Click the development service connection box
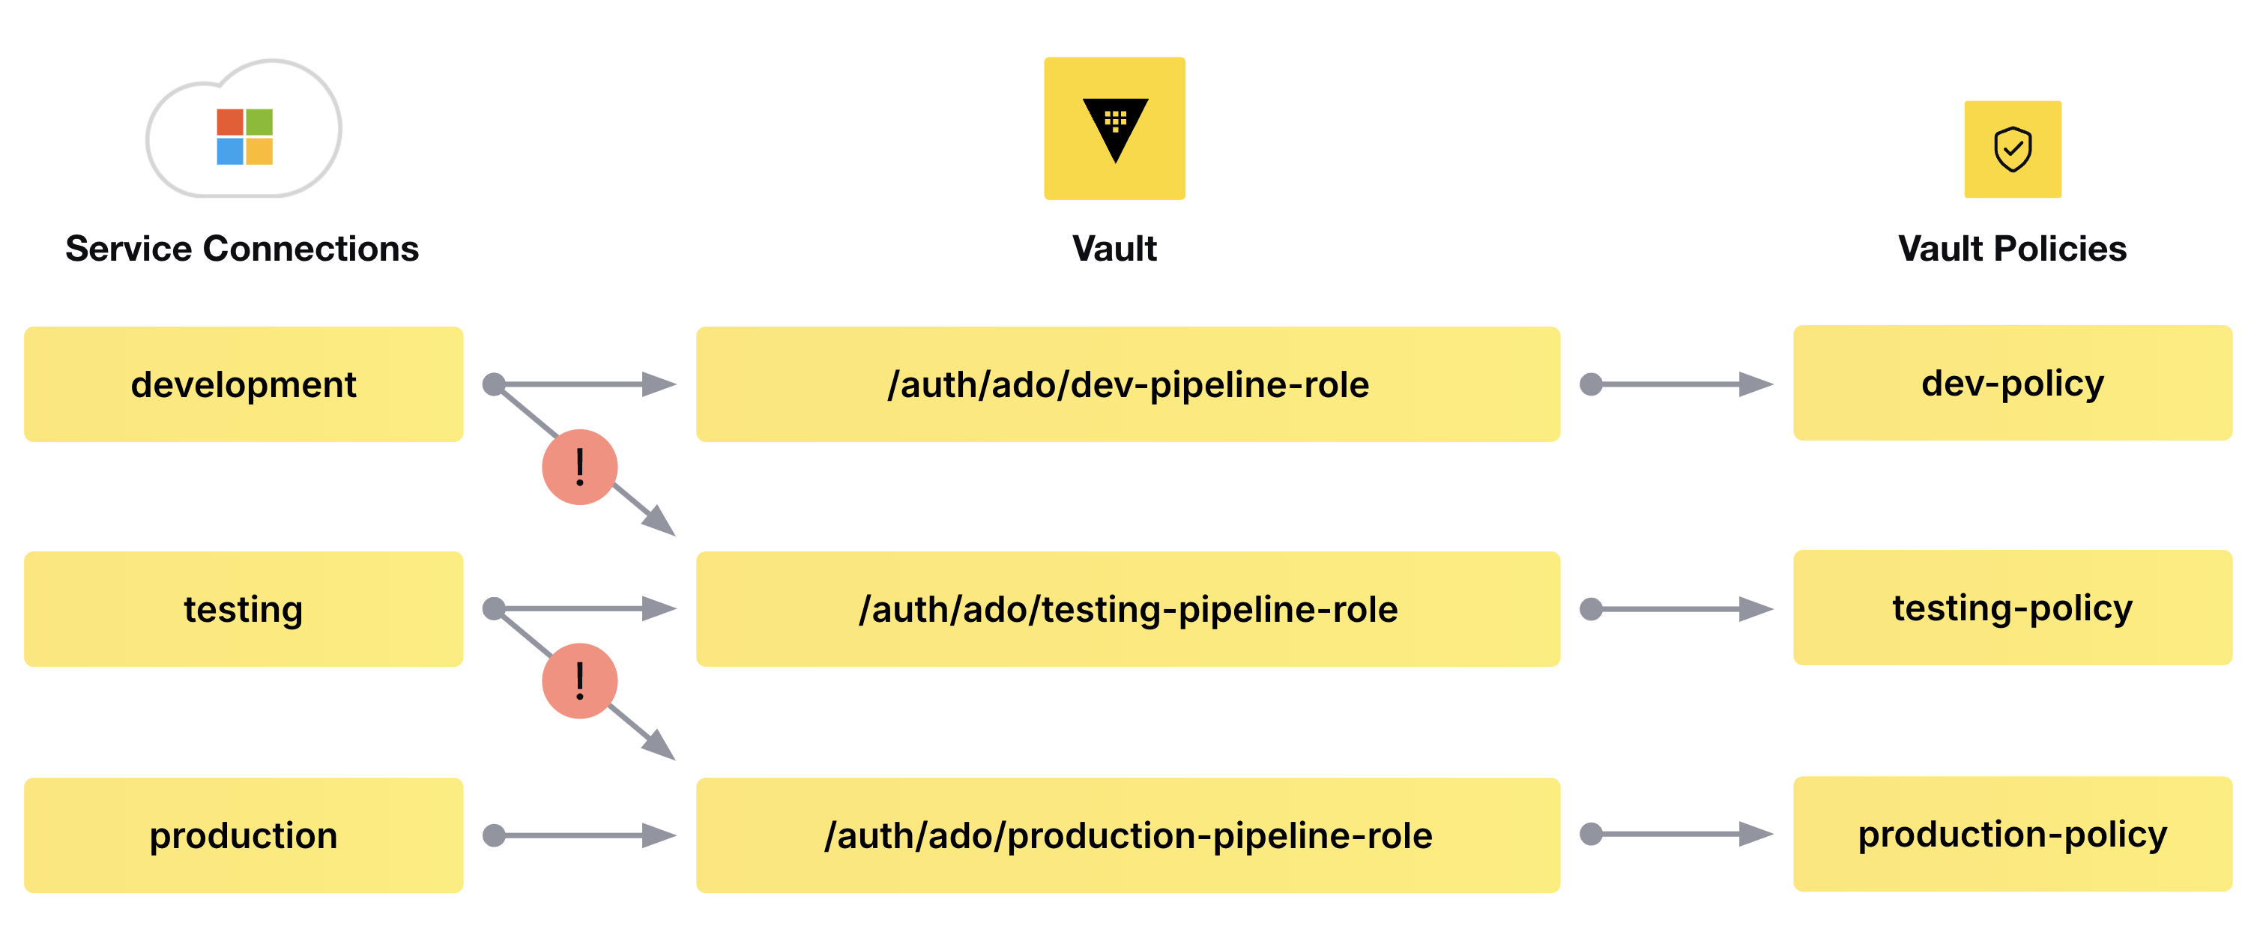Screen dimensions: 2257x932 tap(244, 384)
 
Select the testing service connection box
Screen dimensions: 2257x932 tap(244, 609)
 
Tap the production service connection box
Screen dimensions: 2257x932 tap(244, 835)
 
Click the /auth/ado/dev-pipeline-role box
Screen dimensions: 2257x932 tap(1128, 384)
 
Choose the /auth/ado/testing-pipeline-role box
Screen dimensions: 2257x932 tap(1128, 609)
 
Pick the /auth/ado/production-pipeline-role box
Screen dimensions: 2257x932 tap(1128, 835)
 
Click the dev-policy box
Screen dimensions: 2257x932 tap(2013, 383)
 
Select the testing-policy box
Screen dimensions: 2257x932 tap(2013, 607)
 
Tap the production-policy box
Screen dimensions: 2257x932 tap(2013, 833)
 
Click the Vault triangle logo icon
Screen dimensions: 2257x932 tap(1114, 129)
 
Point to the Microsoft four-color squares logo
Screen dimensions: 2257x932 tap(244, 136)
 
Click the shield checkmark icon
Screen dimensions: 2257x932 tap(2013, 149)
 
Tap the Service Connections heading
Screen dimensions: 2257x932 tap(242, 249)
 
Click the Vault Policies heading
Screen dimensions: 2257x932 tap(2013, 249)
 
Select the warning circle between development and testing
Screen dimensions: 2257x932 tap(580, 467)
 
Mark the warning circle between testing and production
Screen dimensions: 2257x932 tap(580, 680)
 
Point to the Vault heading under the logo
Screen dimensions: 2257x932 tap(1114, 249)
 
